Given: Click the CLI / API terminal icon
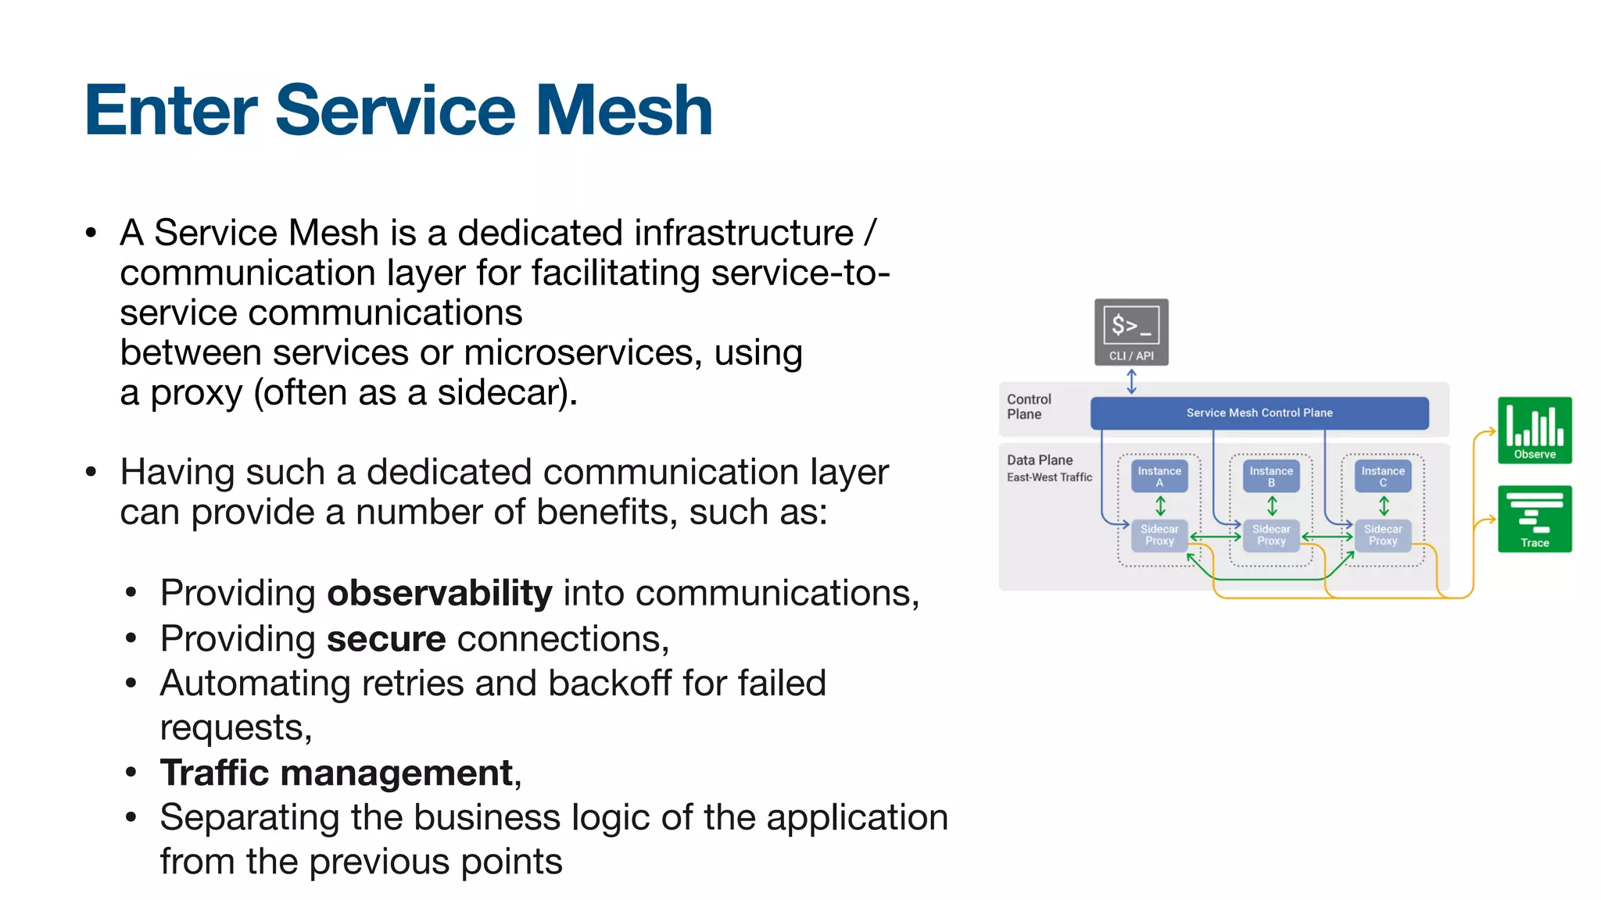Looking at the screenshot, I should coord(1131,331).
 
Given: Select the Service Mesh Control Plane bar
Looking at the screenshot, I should coord(1259,412).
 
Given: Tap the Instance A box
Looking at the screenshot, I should coord(1159,476).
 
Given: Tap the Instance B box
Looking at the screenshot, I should coord(1271,476).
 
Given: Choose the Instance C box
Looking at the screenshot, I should coord(1383,476).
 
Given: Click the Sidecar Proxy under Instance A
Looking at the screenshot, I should coord(1159,535).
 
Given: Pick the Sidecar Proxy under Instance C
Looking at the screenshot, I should coord(1383,535).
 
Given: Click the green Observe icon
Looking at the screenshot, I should coord(1535,430).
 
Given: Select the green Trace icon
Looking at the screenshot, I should coord(1535,519).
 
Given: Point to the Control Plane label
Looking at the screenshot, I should coord(1029,406).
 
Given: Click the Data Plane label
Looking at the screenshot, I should coord(1040,460).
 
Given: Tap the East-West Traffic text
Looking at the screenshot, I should coord(1049,477).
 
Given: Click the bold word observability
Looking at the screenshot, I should coord(439,593).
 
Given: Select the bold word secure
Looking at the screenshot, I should coord(386,639).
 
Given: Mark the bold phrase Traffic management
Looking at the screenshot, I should coord(337,773).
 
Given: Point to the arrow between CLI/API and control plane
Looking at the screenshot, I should coord(1131,381).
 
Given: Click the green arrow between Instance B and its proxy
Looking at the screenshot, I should coord(1272,506).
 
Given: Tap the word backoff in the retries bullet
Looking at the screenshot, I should coord(609,684).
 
